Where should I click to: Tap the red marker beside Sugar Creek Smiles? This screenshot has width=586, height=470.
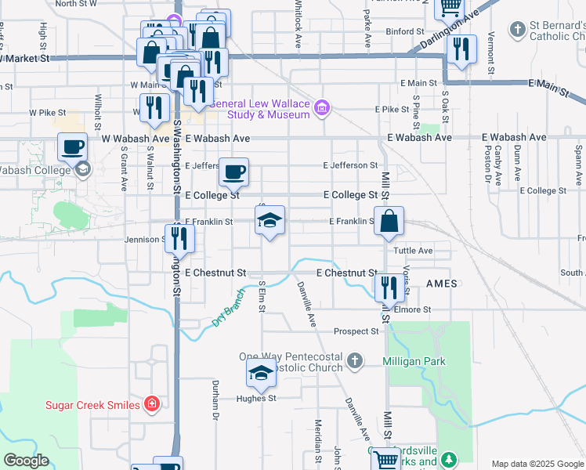point(152,404)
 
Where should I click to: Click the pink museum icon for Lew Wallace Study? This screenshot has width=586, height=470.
point(321,109)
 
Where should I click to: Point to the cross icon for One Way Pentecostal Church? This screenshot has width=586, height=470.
point(356,361)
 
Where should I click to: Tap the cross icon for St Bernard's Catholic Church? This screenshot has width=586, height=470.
point(516,31)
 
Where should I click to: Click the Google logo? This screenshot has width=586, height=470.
point(26,461)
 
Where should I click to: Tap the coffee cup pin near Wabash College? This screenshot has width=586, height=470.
point(73,146)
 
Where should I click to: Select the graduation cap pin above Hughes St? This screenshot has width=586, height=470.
point(261,374)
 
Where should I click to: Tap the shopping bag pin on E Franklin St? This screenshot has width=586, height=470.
point(389,222)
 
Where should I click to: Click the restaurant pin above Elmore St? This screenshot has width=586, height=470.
point(389,287)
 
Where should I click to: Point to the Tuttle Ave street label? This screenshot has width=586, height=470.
point(414,251)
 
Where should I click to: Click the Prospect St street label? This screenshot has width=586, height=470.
point(356,331)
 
